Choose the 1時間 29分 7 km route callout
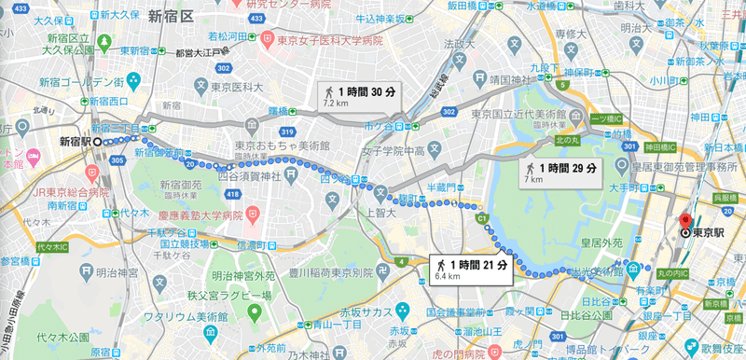(x=559, y=171)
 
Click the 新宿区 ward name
(x=170, y=16)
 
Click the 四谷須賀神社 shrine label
(x=244, y=173)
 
